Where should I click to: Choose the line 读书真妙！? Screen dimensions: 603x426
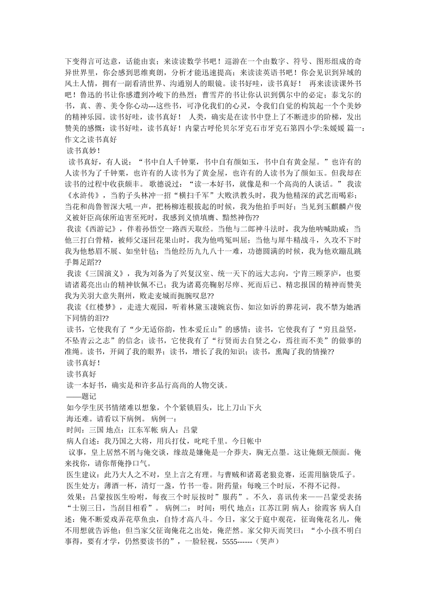(x=83, y=151)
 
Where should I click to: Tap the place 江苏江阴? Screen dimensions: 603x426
(x=273, y=509)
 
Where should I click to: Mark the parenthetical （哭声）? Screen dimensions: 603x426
(x=270, y=542)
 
